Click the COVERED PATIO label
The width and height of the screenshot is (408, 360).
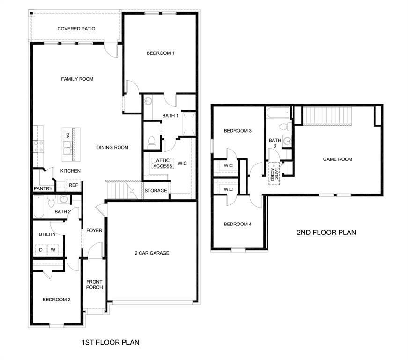[x=76, y=29]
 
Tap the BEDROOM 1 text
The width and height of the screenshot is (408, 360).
[x=160, y=53]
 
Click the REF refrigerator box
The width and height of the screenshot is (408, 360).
[x=73, y=185]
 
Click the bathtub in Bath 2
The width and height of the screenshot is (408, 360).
[x=39, y=207]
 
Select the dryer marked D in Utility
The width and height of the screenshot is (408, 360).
[x=41, y=250]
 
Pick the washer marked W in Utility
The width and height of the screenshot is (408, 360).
[x=53, y=250]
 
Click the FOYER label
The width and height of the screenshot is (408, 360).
[x=94, y=230]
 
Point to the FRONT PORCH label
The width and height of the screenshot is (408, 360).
[x=94, y=285]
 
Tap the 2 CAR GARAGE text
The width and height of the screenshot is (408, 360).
[x=152, y=253]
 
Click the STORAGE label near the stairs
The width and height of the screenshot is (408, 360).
[x=156, y=191]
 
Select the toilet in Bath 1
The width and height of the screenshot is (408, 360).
[x=151, y=141]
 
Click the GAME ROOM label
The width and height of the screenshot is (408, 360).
[x=337, y=159]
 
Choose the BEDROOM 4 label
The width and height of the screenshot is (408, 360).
[x=237, y=224]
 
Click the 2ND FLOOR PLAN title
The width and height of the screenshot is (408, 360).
[x=326, y=232]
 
